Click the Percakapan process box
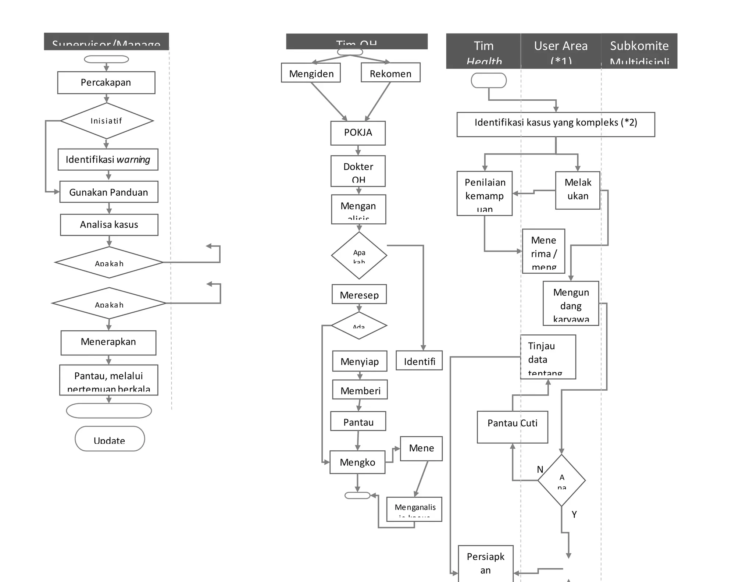tap(106, 82)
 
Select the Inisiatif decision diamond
tap(106, 121)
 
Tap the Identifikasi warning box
tap(108, 159)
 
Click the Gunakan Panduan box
tap(108, 192)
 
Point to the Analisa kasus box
tap(109, 224)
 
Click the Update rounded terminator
tap(110, 439)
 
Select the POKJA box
tap(358, 133)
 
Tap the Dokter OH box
tap(358, 171)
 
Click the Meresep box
tap(359, 294)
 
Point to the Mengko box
tap(357, 462)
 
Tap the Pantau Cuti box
tap(512, 427)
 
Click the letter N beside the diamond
tap(540, 469)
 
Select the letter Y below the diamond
tap(574, 514)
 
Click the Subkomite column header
tap(639, 51)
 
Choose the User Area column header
tap(561, 51)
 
